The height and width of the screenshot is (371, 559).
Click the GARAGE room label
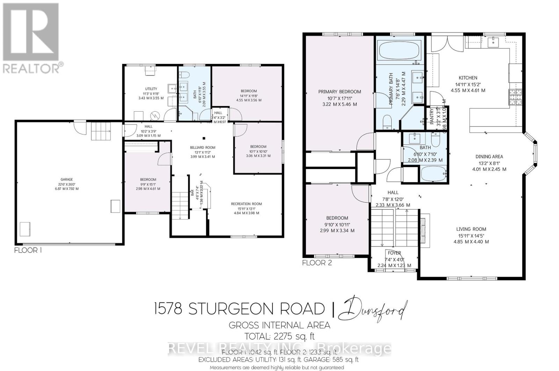(66, 179)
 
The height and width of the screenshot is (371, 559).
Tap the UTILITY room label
(151, 89)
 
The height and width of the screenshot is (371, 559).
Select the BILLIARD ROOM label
(203, 147)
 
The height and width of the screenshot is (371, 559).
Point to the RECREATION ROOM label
(246, 204)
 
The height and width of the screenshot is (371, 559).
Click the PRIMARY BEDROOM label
(340, 92)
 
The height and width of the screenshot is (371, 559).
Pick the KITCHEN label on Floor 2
(468, 78)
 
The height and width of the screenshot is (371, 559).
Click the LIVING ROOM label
(471, 229)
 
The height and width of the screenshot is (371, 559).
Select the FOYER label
(394, 253)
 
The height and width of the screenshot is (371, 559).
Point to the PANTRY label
(431, 116)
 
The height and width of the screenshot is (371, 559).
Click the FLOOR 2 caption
(317, 263)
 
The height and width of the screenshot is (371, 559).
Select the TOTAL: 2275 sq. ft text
(279, 336)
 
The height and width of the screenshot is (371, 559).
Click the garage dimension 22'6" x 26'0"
(66, 184)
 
